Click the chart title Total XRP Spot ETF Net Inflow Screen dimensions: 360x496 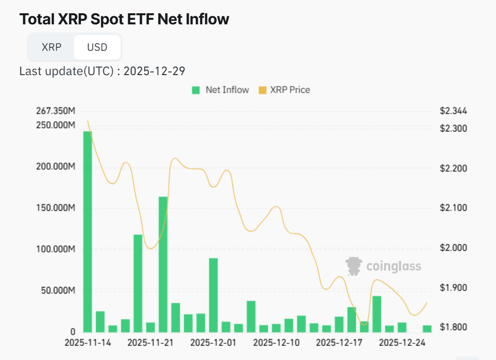tap(124, 19)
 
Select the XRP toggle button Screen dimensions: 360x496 tap(51, 47)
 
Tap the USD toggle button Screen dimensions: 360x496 tap(97, 47)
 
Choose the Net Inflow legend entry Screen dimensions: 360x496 tap(221, 90)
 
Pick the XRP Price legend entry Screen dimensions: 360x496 tap(285, 90)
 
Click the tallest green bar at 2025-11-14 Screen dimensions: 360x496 tap(87, 231)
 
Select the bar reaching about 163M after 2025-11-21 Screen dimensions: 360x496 tap(163, 264)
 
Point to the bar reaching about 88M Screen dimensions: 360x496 tap(213, 294)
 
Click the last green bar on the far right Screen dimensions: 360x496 tap(427, 329)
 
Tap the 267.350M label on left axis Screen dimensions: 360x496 tap(56, 111)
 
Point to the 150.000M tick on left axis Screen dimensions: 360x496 tap(56, 208)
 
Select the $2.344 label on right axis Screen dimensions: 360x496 tap(453, 111)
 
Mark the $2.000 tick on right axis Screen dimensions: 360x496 tap(453, 248)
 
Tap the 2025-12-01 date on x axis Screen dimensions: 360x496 tap(213, 343)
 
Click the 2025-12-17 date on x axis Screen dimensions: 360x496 tap(339, 343)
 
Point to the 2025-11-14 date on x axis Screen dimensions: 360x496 tap(88, 343)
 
